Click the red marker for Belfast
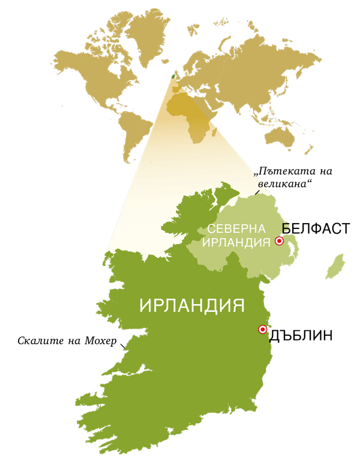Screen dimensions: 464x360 point(279,241)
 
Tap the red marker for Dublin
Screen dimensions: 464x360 point(262,329)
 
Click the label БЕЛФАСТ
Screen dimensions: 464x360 point(316,229)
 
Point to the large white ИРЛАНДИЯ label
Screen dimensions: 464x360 point(192,305)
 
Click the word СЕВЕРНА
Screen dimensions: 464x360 point(236,230)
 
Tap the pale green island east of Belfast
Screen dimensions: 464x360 point(336,266)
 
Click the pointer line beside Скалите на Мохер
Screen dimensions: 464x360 point(124,345)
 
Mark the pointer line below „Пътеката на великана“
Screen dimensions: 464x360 point(257,192)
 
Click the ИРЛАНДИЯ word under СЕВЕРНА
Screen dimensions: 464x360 point(236,243)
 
